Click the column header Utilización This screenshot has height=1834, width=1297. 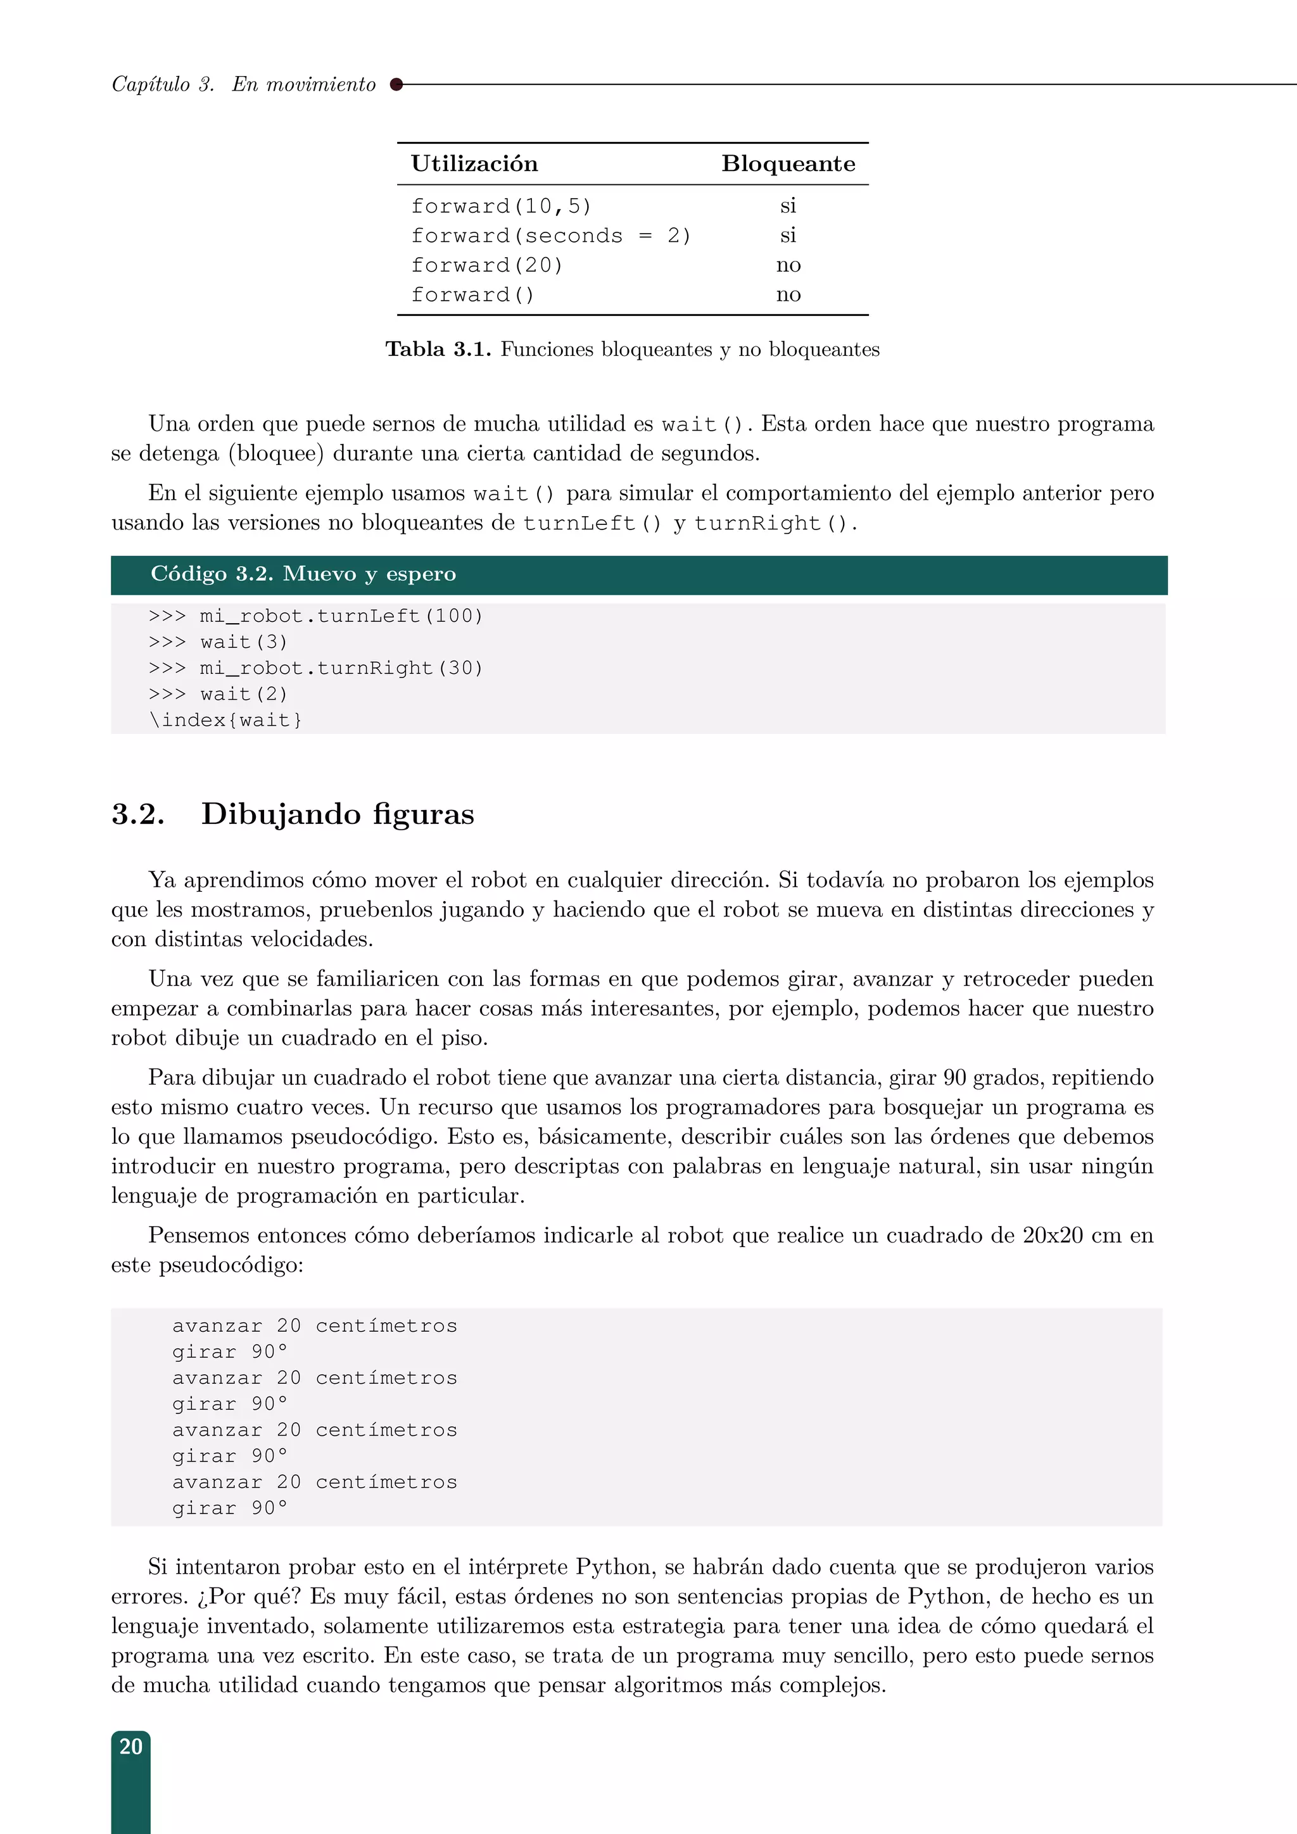coord(474,164)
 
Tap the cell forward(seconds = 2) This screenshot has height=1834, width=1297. coord(550,236)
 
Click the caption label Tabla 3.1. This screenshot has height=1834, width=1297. coord(438,349)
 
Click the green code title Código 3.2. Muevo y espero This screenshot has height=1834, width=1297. coord(303,574)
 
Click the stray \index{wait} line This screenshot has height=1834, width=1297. coord(225,719)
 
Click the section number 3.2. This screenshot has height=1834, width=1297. coord(138,814)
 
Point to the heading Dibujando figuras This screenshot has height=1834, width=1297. coord(337,814)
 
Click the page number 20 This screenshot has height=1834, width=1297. coord(130,1746)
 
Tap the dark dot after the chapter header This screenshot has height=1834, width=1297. coord(396,84)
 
